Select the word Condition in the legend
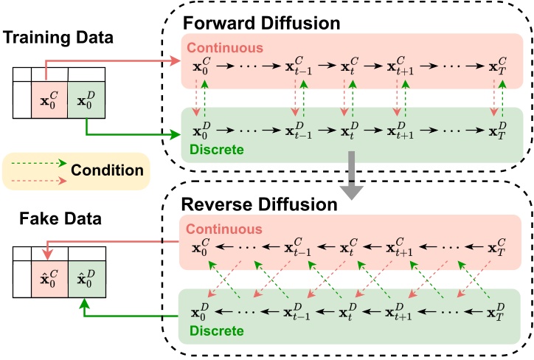pyautogui.click(x=107, y=170)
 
